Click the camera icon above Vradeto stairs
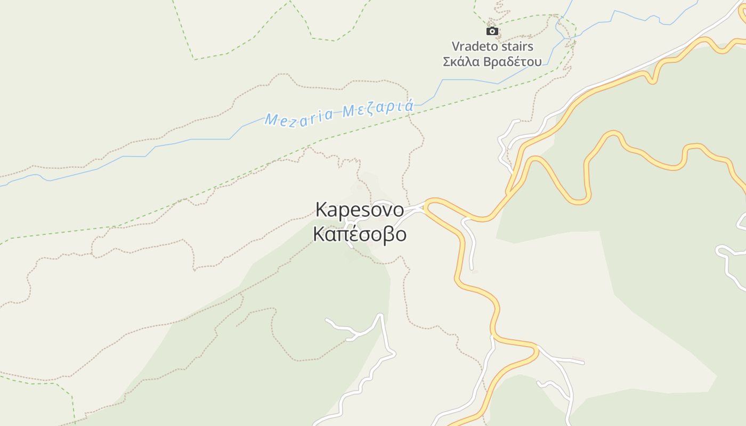pyautogui.click(x=492, y=31)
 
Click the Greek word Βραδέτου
pyautogui.click(x=512, y=62)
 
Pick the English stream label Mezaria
pyautogui.click(x=299, y=117)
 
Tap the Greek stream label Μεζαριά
pyautogui.click(x=378, y=109)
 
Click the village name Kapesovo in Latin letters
pyautogui.click(x=360, y=210)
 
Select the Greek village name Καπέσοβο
pyautogui.click(x=360, y=234)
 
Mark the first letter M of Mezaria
pyautogui.click(x=271, y=120)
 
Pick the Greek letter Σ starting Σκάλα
pyautogui.click(x=447, y=62)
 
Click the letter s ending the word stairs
pyautogui.click(x=530, y=46)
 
